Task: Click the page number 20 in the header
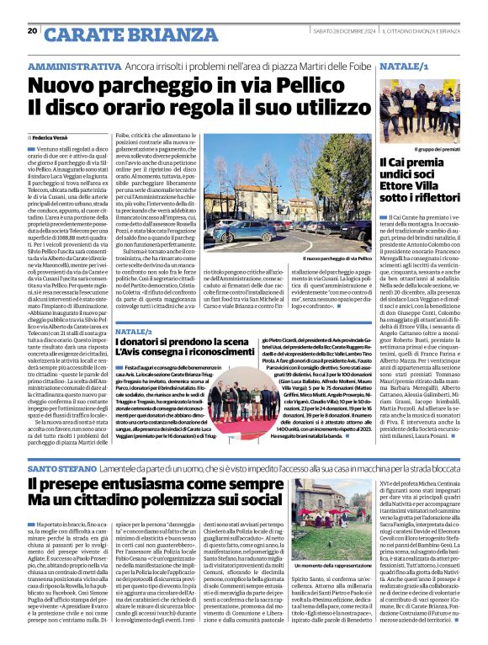[32, 30]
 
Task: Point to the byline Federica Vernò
[56, 135]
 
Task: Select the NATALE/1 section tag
[404, 65]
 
